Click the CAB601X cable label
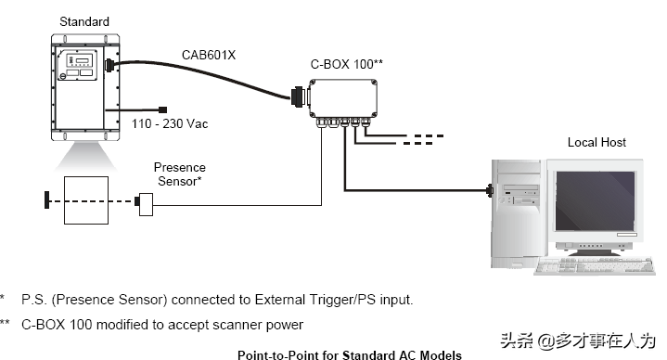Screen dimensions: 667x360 coord(209,56)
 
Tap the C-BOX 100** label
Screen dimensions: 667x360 coord(347,64)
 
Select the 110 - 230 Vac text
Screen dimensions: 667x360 coord(170,123)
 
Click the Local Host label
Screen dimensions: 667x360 coord(596,142)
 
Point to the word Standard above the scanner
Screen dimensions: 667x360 coord(84,21)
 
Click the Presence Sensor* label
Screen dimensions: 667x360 coord(180,174)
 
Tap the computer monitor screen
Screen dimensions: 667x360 coord(596,201)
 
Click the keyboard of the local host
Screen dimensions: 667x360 coord(595,266)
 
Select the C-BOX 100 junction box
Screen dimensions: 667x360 coord(343,98)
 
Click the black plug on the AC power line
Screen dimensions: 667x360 coord(162,109)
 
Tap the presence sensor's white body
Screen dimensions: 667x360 coord(146,204)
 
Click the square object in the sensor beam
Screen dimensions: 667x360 coord(86,200)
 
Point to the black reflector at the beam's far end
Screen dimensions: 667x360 coord(46,200)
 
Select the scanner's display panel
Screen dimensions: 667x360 coord(79,60)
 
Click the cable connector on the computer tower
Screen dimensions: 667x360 coord(490,190)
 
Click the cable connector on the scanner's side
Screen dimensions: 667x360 coord(109,66)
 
